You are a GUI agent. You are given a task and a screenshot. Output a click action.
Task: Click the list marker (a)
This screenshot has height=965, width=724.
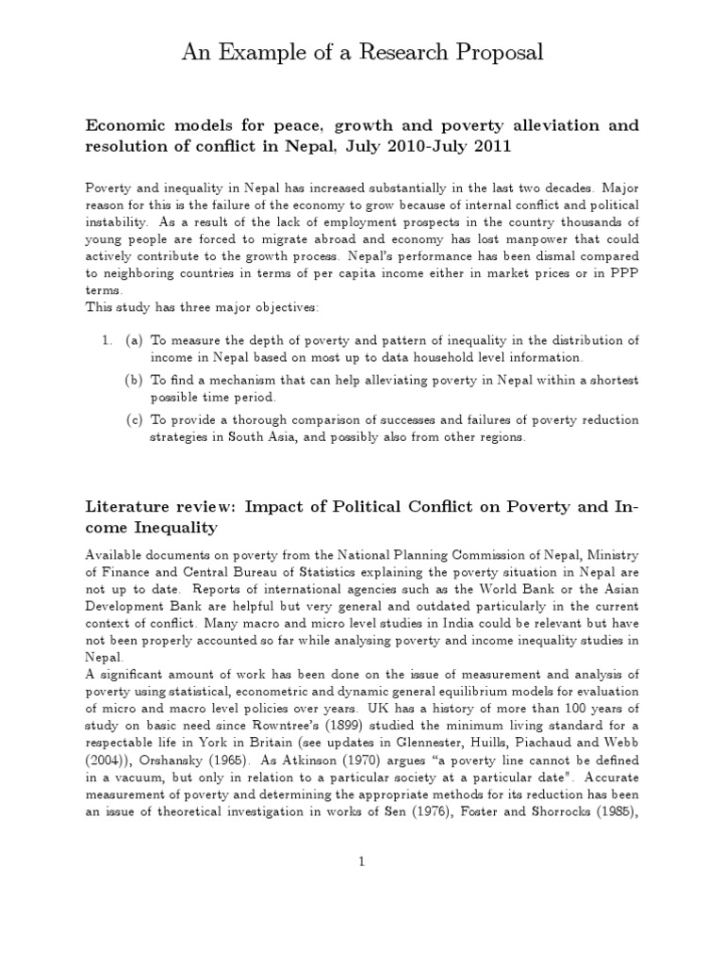pyautogui.click(x=134, y=340)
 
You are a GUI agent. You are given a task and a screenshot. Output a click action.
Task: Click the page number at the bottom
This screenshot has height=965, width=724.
pyautogui.click(x=362, y=861)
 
